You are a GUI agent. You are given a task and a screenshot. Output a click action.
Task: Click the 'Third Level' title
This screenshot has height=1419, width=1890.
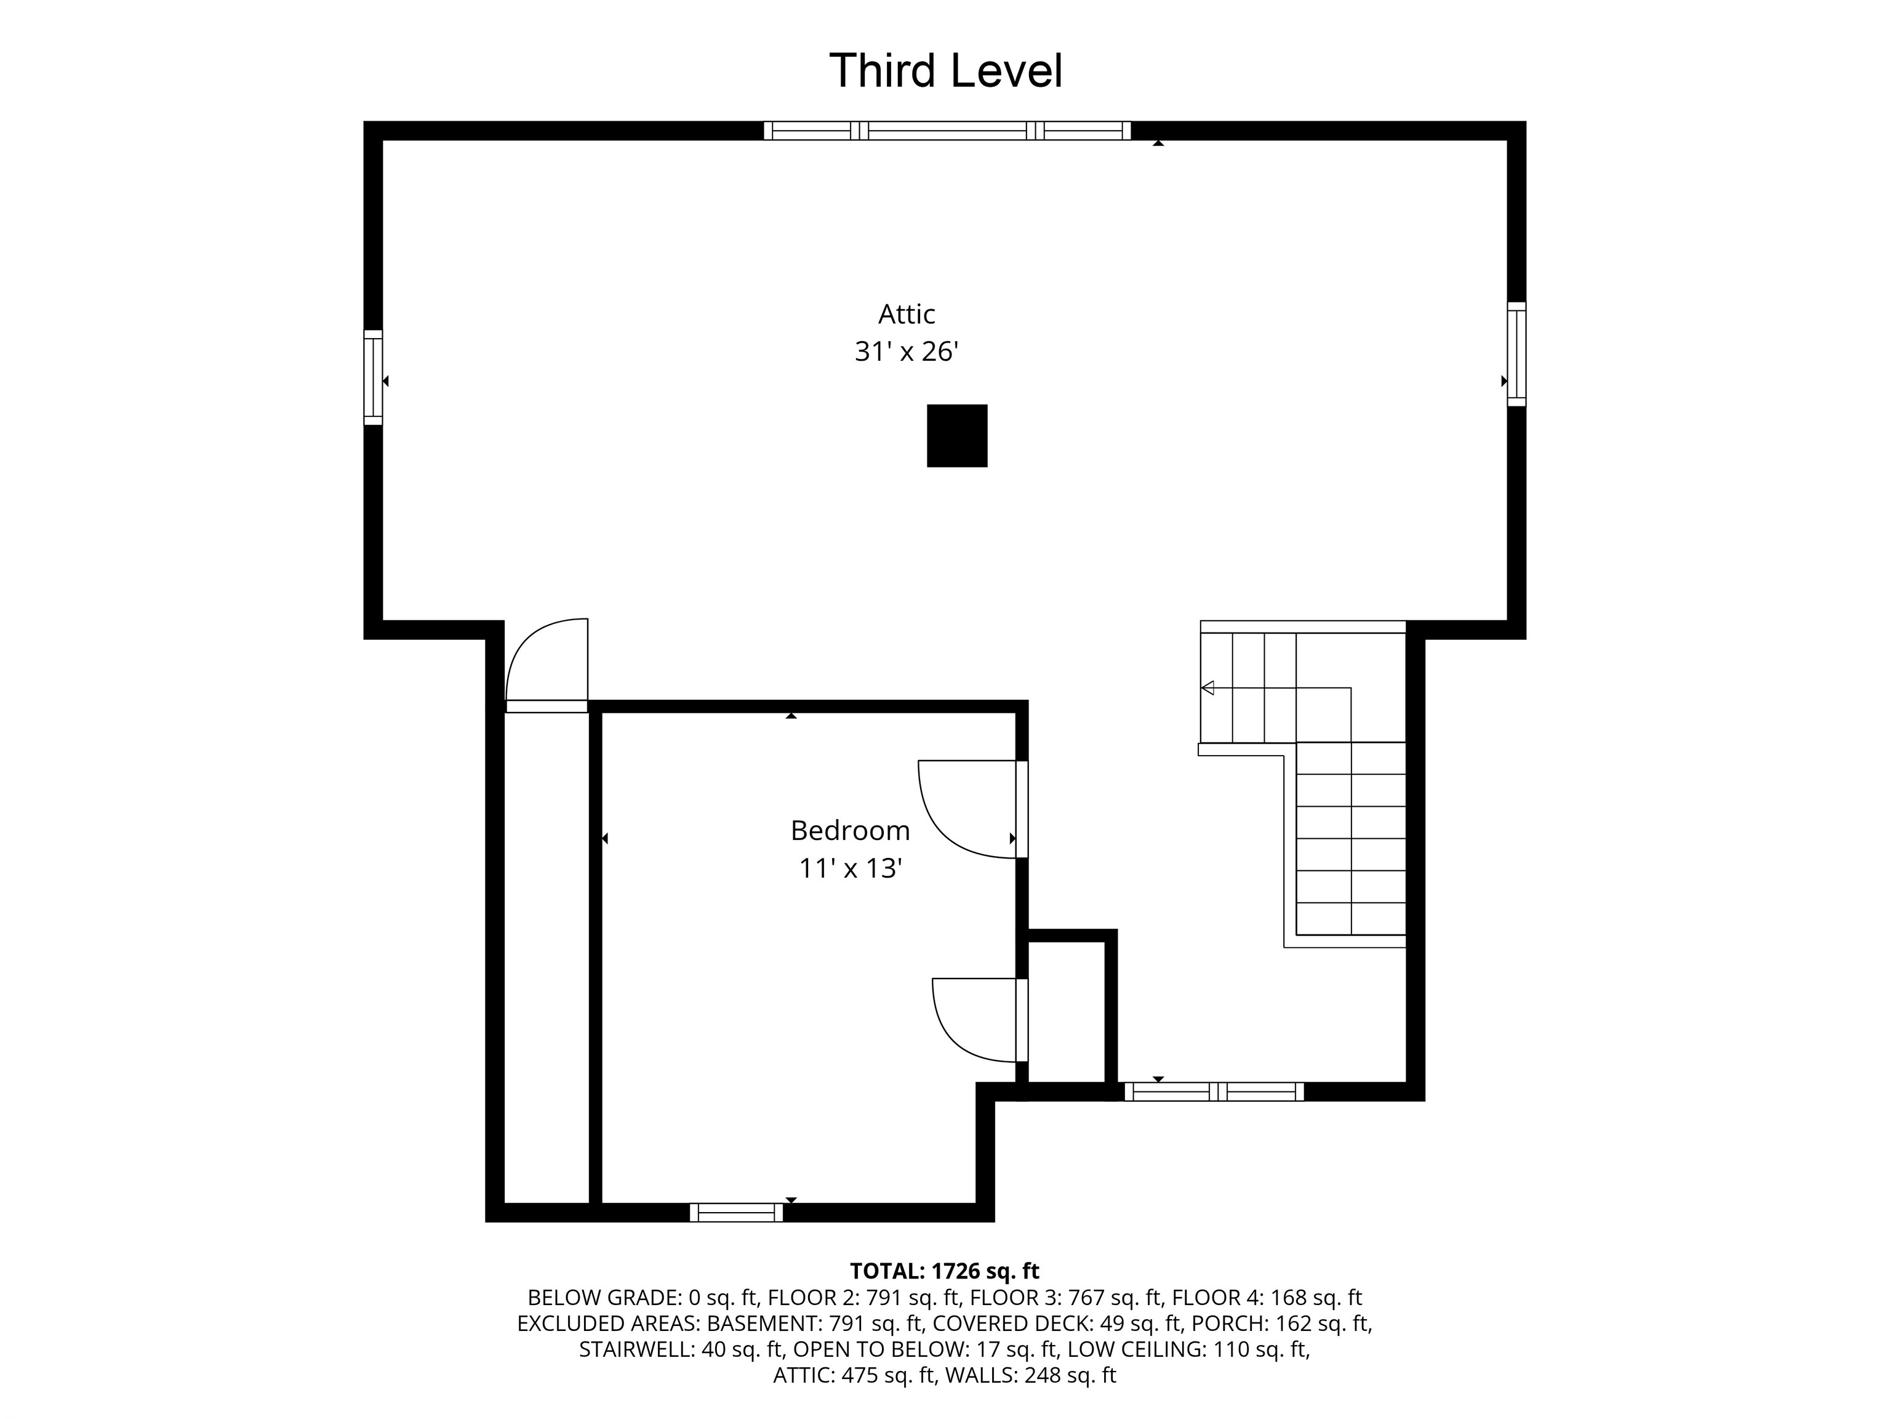click(x=946, y=70)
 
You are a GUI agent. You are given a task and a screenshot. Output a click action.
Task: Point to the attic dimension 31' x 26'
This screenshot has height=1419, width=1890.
click(x=907, y=351)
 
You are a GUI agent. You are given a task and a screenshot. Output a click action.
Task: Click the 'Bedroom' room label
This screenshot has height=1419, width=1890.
click(x=850, y=830)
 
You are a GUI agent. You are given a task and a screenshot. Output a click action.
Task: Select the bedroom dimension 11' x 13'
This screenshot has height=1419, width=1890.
click(x=850, y=868)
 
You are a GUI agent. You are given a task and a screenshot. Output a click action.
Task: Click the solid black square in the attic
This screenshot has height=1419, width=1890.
click(x=957, y=436)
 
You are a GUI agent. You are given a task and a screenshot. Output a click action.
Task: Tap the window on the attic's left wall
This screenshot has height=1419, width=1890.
click(x=374, y=377)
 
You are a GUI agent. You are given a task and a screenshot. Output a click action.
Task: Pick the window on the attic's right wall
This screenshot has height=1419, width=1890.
click(x=1516, y=354)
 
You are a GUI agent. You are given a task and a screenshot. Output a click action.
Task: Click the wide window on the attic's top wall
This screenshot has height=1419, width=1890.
click(x=947, y=131)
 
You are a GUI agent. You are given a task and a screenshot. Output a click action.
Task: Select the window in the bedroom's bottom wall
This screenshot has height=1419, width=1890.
click(x=737, y=1212)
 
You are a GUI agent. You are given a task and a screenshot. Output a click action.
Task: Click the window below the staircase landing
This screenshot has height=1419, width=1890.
click(x=1214, y=1091)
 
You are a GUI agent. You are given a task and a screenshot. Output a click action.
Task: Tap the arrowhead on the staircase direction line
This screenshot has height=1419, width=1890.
click(x=1207, y=687)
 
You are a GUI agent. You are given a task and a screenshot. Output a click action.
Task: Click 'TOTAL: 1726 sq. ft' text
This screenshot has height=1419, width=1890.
click(x=945, y=1271)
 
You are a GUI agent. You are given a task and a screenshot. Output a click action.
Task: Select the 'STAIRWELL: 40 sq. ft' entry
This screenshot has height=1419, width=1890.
click(x=681, y=1350)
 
